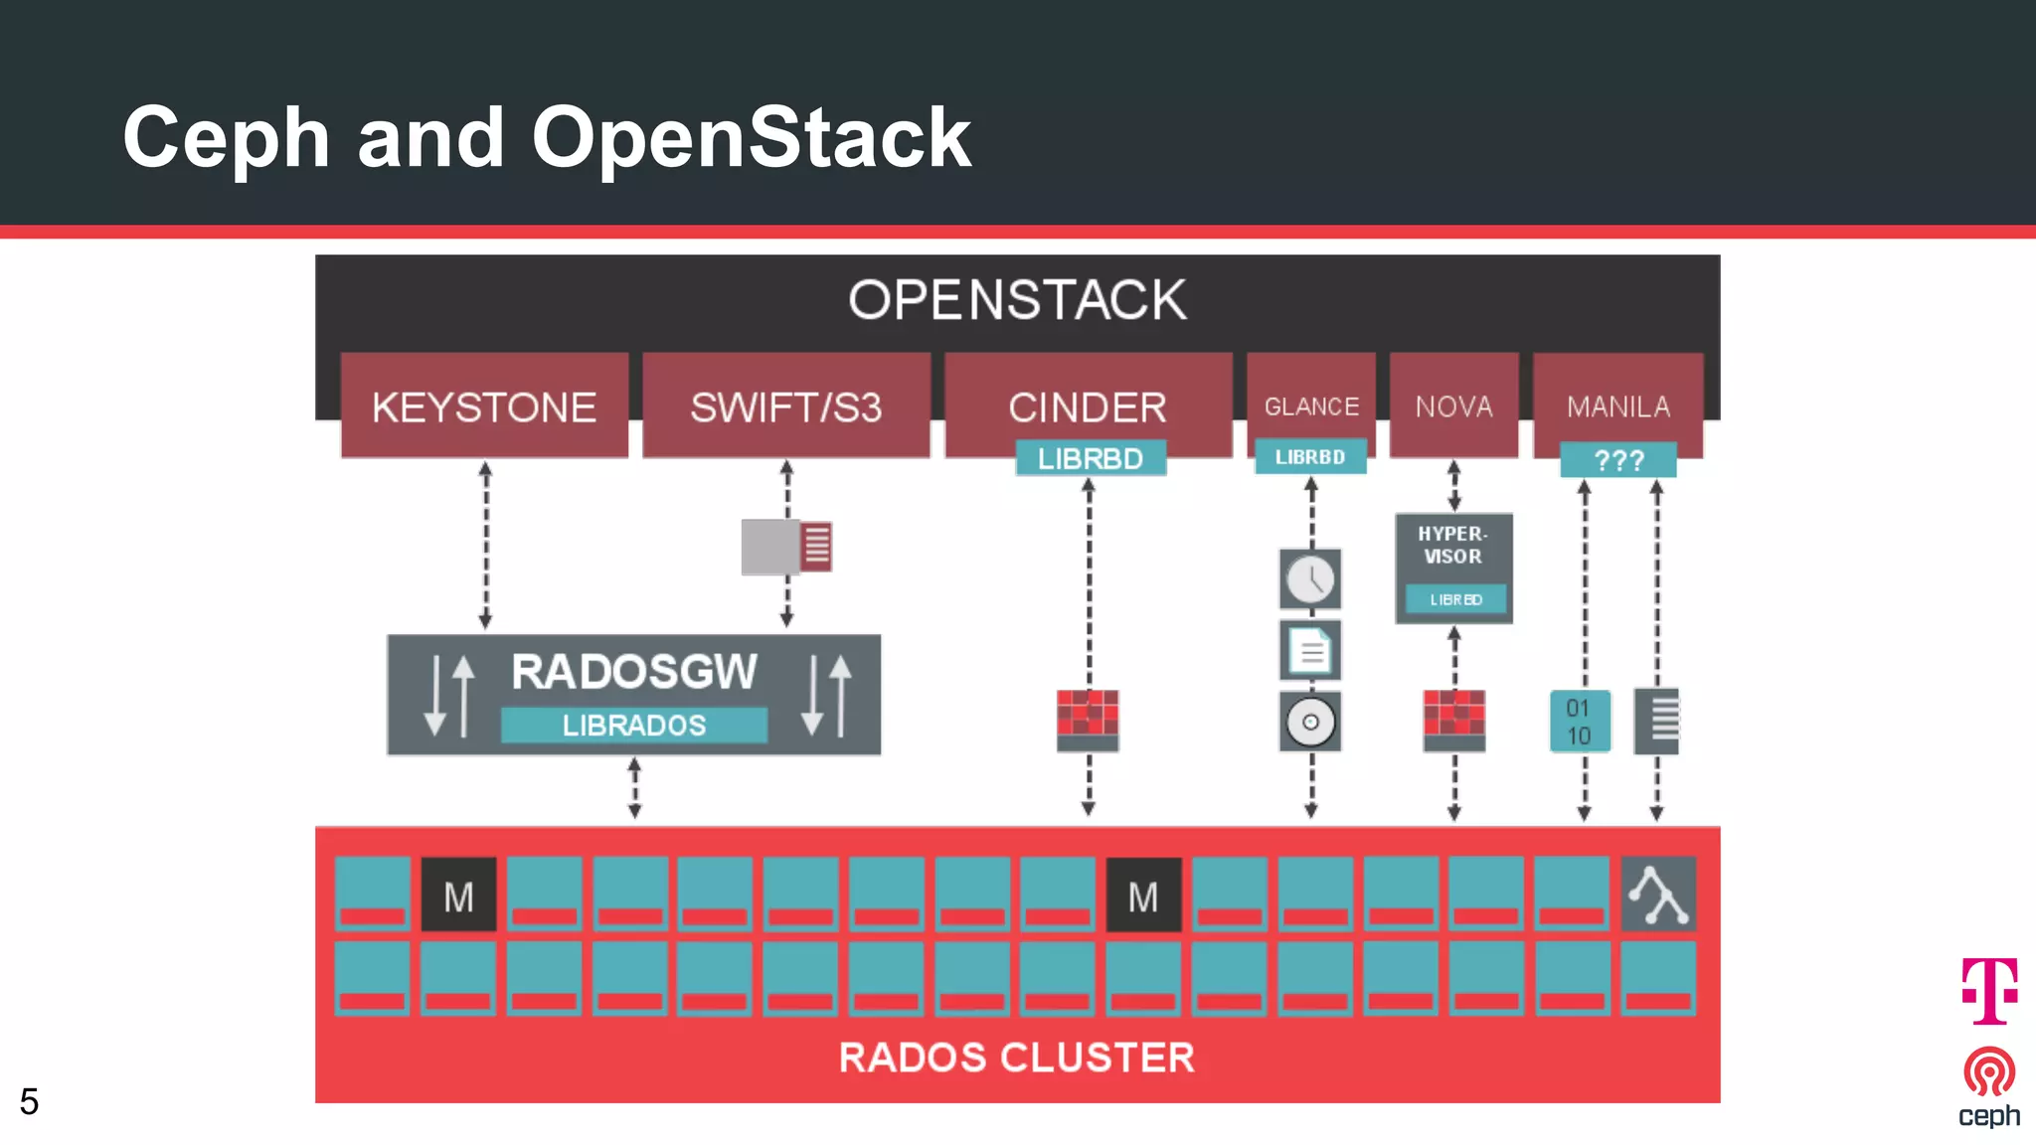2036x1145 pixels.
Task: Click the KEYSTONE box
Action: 484,407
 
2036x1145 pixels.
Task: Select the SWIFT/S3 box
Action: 785,407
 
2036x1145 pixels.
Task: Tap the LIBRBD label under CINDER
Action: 1091,458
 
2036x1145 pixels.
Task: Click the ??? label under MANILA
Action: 1618,460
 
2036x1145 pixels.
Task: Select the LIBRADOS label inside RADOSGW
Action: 634,725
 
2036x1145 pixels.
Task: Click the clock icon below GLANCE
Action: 1310,578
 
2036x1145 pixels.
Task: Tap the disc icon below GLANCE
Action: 1310,722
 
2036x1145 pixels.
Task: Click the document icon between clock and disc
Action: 1310,651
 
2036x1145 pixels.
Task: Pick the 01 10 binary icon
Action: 1579,722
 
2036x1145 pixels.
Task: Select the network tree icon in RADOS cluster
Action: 1657,895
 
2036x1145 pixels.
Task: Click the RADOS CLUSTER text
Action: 1016,1058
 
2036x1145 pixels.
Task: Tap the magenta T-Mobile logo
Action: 1989,990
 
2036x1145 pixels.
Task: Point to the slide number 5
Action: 29,1101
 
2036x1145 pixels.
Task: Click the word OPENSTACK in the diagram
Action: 1017,299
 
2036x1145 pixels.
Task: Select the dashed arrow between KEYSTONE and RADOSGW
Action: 485,545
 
